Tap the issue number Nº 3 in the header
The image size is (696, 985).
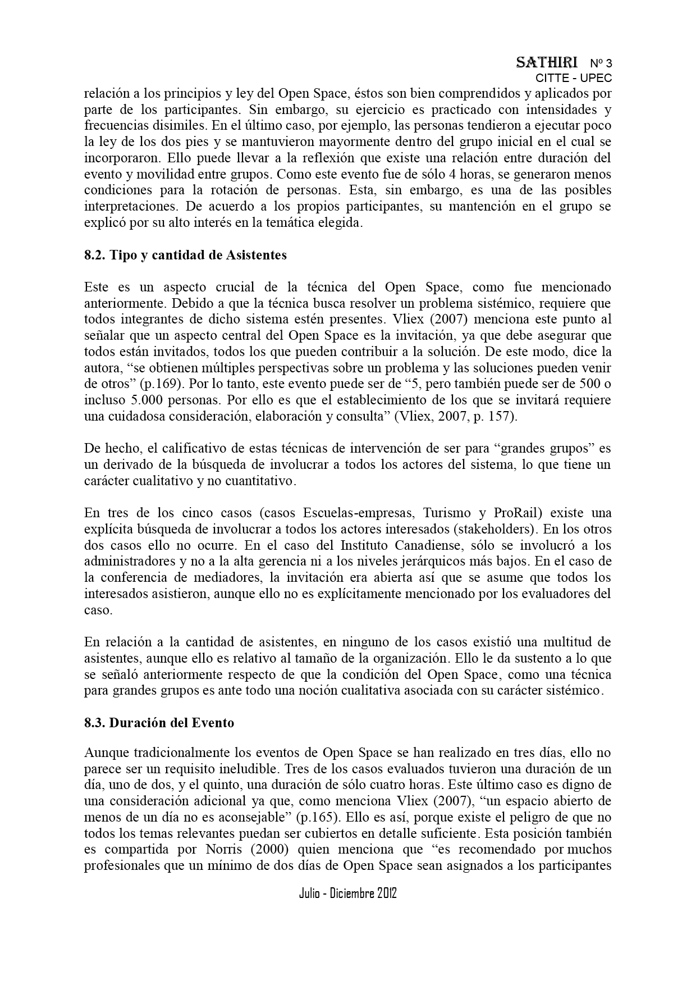pos(601,63)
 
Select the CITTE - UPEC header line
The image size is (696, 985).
pos(573,78)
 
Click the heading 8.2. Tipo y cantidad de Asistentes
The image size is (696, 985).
pos(185,255)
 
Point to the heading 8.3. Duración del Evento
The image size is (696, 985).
pos(159,723)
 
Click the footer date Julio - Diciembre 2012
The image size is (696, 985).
pos(347,893)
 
